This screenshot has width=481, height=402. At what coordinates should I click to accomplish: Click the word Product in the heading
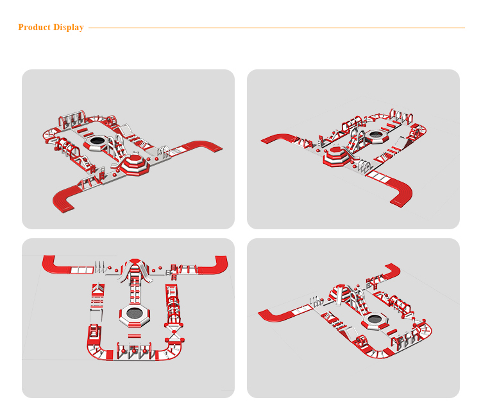tap(35, 27)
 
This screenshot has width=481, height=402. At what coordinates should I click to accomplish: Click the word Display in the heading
tap(69, 28)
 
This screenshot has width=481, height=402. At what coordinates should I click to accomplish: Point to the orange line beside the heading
tap(276, 28)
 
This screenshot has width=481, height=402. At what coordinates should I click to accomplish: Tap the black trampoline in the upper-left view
tap(97, 141)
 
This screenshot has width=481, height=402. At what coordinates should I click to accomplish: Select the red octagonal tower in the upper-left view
tap(135, 164)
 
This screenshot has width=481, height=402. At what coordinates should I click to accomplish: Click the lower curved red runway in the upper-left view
tap(67, 197)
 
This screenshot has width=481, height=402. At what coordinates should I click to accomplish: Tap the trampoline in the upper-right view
tap(375, 134)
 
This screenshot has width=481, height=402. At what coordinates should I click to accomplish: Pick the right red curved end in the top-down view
tap(208, 265)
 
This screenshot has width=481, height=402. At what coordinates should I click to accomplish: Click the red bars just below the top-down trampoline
tap(135, 335)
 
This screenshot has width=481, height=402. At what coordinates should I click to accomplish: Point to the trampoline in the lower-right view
tap(375, 319)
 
